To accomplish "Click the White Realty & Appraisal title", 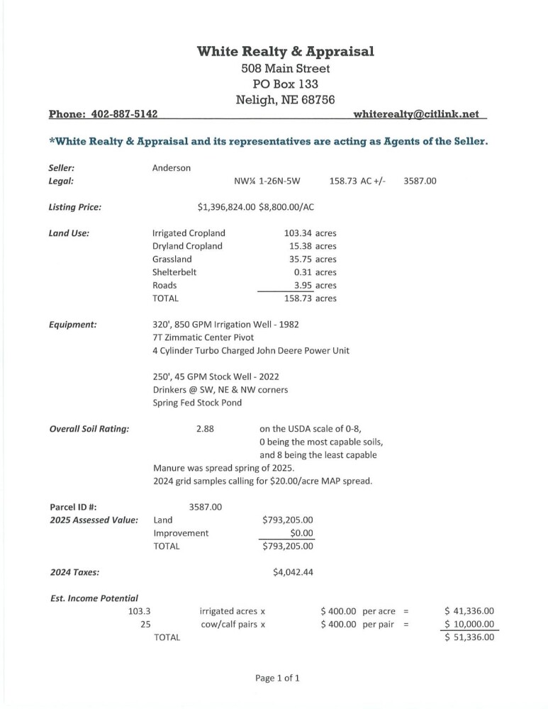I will [285, 51].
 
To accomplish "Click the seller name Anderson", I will [172, 169].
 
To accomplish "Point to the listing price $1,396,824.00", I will [226, 207].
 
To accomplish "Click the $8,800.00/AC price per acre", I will [286, 207].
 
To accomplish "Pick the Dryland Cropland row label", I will [187, 246].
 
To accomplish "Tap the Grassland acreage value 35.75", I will [301, 259].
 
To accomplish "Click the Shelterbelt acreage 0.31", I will [303, 272].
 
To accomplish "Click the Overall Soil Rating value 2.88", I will [205, 429].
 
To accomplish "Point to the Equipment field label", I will [72, 324].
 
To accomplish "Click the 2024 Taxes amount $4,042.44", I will [293, 573].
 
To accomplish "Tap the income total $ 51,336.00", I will [468, 637].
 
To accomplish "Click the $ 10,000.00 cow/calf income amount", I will [468, 624].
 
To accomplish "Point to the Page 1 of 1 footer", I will [277, 679].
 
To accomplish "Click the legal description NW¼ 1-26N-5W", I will [267, 182].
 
